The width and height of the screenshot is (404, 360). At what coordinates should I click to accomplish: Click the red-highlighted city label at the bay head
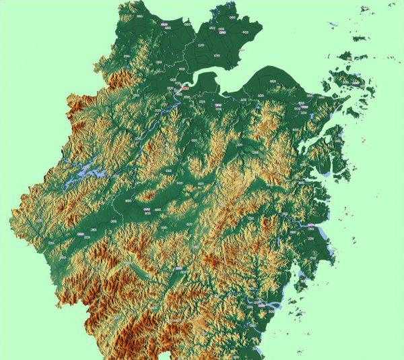click(182, 87)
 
